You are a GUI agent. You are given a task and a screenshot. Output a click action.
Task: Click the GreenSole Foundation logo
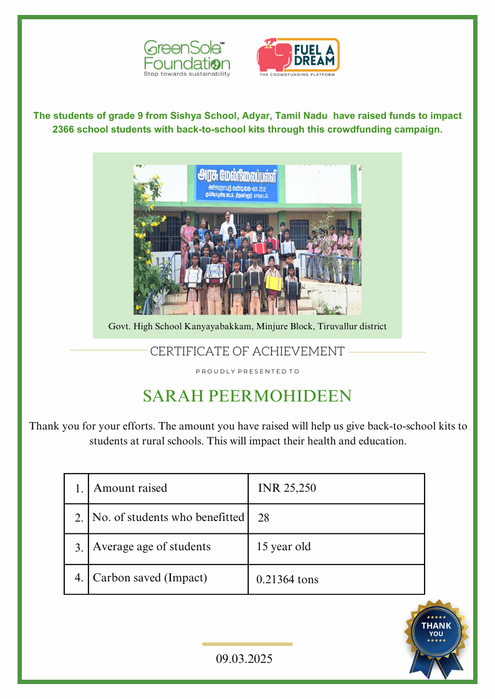tap(186, 58)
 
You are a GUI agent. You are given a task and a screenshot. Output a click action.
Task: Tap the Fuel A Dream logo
tap(298, 57)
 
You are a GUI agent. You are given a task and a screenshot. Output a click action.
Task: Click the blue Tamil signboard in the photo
tap(237, 183)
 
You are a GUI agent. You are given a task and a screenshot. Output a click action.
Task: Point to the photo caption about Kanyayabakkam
tap(247, 326)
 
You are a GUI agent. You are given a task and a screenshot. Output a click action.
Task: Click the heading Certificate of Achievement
tap(247, 352)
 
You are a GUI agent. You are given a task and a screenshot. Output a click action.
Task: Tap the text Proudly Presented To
tap(247, 372)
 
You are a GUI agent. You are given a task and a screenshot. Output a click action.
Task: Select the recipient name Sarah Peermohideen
tap(247, 396)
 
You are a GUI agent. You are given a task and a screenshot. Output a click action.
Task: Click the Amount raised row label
tap(130, 488)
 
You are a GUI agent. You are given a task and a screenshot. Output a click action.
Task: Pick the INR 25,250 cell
tap(287, 488)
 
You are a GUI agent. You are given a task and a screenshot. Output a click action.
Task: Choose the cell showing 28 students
tap(263, 517)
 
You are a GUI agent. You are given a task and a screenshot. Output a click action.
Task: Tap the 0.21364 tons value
tap(287, 579)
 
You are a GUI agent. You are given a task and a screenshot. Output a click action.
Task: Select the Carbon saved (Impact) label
tap(150, 578)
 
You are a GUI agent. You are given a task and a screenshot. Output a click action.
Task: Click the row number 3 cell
tap(79, 548)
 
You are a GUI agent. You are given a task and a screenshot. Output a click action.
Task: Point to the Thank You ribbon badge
tap(436, 634)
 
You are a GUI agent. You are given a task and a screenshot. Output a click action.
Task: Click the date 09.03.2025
tap(244, 659)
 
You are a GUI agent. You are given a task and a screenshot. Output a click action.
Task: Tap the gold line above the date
tap(247, 644)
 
